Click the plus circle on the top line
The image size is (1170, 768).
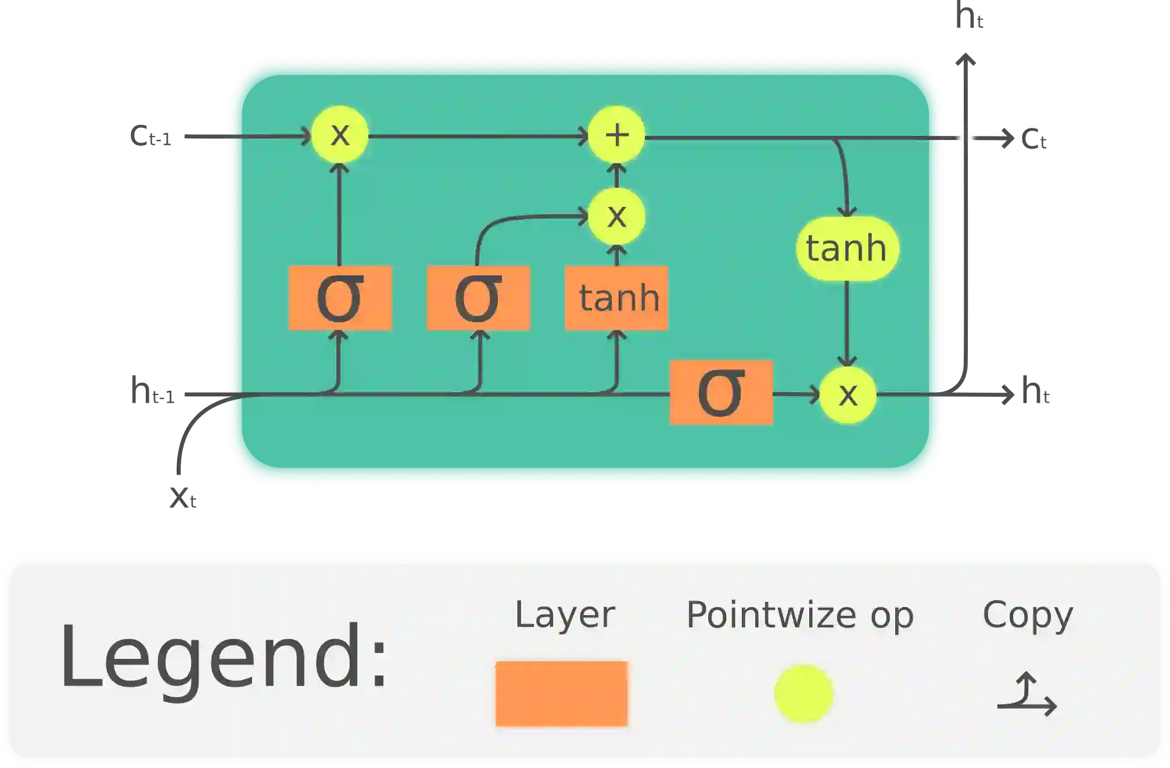[616, 135]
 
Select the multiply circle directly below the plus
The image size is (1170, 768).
[616, 216]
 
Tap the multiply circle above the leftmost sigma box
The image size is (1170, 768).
[340, 135]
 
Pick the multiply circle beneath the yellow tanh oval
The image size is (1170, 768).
[848, 395]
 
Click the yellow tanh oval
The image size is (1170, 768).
[847, 249]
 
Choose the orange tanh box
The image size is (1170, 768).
[616, 298]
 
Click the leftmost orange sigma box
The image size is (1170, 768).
[340, 298]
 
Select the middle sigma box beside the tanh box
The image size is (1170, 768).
[478, 298]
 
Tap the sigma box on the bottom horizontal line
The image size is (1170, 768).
[721, 393]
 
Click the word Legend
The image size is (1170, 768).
[224, 657]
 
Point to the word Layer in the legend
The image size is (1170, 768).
[565, 615]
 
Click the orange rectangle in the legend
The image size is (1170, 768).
[561, 694]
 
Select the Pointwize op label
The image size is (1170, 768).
[800, 615]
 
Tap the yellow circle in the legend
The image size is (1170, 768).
[803, 694]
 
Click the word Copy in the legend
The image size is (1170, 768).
[1027, 615]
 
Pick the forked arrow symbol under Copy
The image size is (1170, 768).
[1027, 695]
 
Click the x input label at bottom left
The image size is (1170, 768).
[184, 497]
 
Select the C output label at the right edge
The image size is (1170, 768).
[1036, 140]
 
